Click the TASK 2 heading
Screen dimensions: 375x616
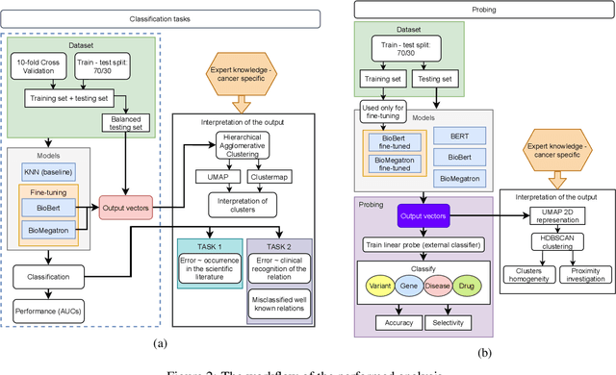[279, 245]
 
